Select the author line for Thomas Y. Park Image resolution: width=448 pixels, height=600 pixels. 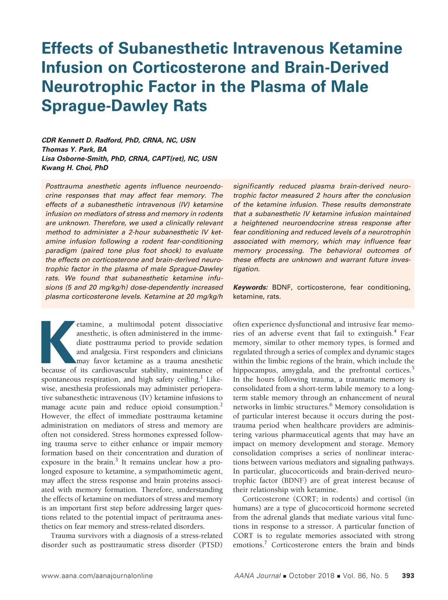(74, 149)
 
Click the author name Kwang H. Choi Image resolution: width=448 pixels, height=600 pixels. (75, 168)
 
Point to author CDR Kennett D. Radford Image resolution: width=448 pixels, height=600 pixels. (118, 140)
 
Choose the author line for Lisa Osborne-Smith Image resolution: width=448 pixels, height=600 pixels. (129, 158)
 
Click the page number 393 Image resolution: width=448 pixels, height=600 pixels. (408, 576)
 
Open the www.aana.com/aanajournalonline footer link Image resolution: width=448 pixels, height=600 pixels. (97, 576)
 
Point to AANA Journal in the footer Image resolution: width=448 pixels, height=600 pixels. (257, 576)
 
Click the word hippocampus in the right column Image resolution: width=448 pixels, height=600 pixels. (255, 371)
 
